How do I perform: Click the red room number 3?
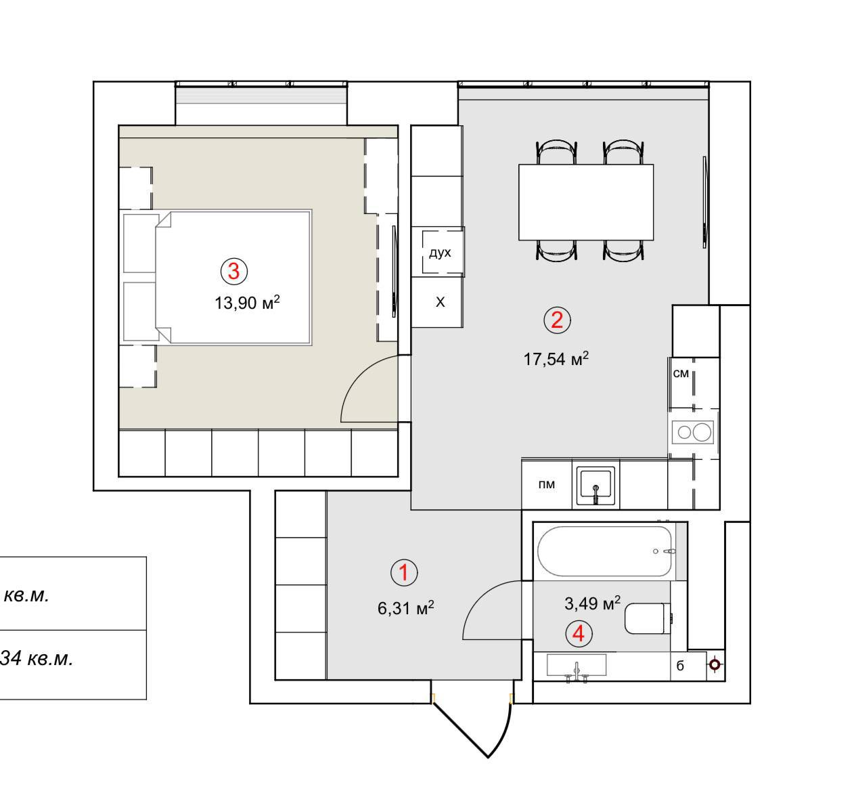click(233, 271)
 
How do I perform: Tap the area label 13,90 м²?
click(247, 302)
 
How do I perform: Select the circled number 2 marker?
click(557, 320)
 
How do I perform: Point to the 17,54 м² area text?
click(556, 358)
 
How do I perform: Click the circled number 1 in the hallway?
click(404, 573)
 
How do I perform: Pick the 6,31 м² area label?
click(406, 607)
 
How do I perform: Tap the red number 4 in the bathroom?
click(579, 634)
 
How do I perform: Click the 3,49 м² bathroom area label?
click(592, 603)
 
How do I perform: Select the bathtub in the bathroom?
click(605, 551)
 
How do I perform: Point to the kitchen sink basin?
click(595, 486)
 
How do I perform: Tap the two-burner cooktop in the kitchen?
click(692, 432)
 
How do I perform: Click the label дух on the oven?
click(440, 253)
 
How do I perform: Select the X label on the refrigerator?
click(440, 302)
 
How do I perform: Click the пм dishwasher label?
click(547, 484)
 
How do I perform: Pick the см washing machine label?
click(681, 373)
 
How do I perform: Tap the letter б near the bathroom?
click(680, 666)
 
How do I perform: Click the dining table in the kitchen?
click(586, 202)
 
